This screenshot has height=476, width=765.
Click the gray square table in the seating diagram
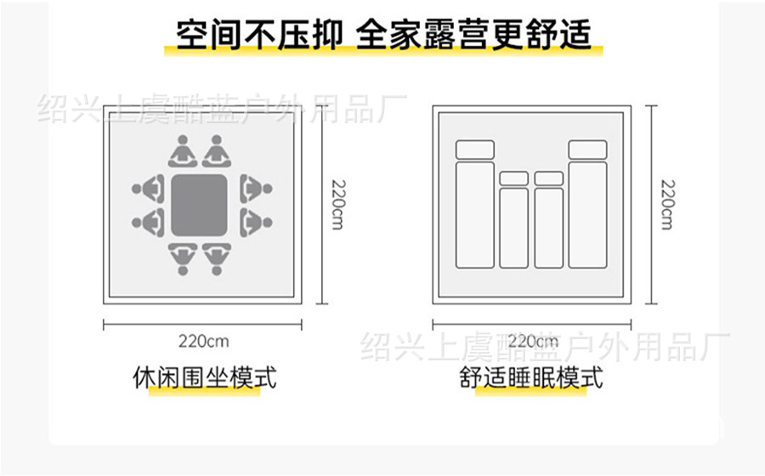coord(200,205)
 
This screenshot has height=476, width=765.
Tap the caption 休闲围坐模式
coord(205,377)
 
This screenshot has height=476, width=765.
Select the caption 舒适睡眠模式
coord(531,377)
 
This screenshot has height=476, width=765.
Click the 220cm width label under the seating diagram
coord(204,342)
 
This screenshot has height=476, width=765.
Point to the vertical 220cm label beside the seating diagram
coord(337,205)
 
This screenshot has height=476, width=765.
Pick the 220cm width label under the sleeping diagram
coord(531,342)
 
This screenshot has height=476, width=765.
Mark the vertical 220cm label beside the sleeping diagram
coord(666,205)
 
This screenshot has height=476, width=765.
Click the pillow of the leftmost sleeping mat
coord(475,150)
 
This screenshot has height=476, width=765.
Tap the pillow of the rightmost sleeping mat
coord(587,150)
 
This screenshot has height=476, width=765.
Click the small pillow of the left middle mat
coord(513,178)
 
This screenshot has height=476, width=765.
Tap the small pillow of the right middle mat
coord(549,178)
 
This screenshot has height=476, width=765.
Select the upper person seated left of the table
coord(150,186)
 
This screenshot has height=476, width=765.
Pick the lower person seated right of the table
coord(252,223)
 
